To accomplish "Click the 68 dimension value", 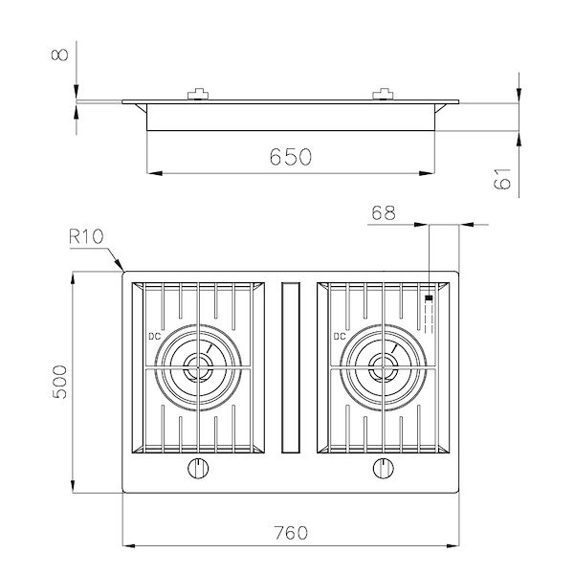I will [384, 214].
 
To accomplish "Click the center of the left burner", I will [198, 365].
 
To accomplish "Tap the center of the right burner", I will [384, 365].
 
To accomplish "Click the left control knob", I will [198, 468].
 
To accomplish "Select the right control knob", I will [383, 468].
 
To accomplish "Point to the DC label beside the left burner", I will [153, 336].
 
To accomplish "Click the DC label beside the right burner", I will [339, 336].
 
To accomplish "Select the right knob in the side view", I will [384, 93].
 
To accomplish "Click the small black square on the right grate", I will [428, 298].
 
